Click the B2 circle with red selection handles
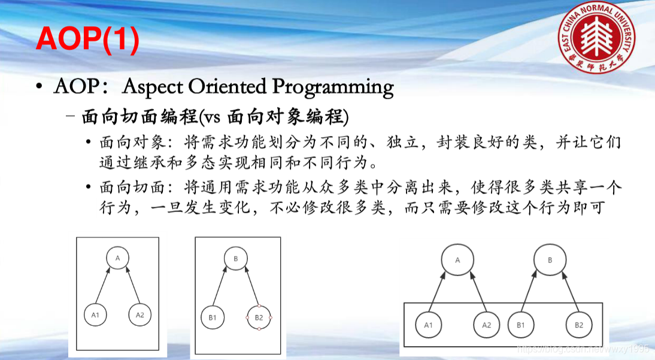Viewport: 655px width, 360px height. pyautogui.click(x=259, y=318)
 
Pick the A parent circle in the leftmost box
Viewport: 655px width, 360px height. pyautogui.click(x=117, y=258)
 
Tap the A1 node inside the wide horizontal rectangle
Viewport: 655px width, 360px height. pyautogui.click(x=427, y=325)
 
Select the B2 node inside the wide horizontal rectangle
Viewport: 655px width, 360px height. pyautogui.click(x=578, y=325)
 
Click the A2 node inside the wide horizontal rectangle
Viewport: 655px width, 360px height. pyautogui.click(x=486, y=325)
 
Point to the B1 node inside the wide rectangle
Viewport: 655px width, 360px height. pyautogui.click(x=520, y=325)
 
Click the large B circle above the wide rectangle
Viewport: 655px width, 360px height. pyautogui.click(x=550, y=261)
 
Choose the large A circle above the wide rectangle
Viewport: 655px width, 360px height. pyautogui.click(x=457, y=261)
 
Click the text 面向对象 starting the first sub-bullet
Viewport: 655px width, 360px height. pyautogui.click(x=122, y=144)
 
